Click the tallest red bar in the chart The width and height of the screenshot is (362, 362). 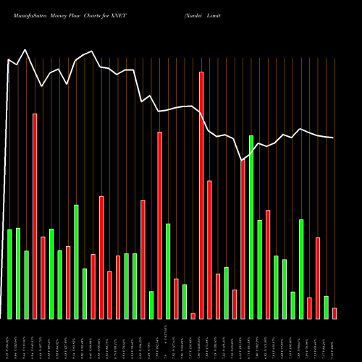tap(201, 195)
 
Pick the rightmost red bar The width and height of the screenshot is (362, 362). tap(334, 313)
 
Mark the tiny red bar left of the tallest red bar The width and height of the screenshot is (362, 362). tap(193, 316)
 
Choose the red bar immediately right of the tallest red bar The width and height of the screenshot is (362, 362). tap(209, 250)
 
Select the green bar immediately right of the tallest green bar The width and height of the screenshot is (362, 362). tap(259, 269)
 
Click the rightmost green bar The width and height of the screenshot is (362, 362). tap(326, 307)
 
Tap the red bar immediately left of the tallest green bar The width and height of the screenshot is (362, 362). tap(243, 239)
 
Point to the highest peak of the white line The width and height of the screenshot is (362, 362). tap(25, 50)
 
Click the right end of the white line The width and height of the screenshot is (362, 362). tap(333, 138)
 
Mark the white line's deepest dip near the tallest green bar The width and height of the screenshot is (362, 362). tap(242, 160)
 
